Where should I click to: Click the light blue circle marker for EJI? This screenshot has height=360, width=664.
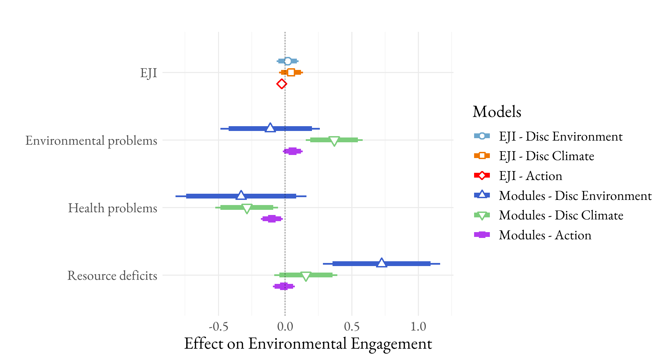pos(288,61)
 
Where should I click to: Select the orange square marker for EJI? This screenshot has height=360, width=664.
pos(291,72)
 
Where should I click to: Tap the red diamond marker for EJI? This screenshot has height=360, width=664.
pos(281,84)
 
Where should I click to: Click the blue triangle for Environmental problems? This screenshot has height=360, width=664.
pos(270,128)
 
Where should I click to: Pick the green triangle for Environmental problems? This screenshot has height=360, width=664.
pos(334,141)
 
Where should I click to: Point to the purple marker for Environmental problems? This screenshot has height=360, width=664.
pos(292,151)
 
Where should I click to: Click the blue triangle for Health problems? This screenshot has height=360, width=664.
pos(241,196)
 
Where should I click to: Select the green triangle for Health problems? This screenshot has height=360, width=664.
pos(247,208)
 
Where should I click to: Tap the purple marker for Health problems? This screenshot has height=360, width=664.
pos(271,219)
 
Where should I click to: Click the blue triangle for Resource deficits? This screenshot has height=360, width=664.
pos(382,263)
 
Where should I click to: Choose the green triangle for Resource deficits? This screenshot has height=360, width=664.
pos(306,276)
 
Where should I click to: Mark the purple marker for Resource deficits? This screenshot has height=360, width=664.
pos(283,286)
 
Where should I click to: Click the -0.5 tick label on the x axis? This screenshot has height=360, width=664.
pos(218,327)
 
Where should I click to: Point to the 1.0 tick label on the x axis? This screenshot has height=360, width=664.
pos(418,327)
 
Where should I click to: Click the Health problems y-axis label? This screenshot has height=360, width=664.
pos(112,208)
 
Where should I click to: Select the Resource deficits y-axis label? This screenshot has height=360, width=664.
pos(112,276)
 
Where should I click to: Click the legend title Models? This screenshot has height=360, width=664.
pos(497,112)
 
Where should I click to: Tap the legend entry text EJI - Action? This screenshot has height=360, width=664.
pos(530,176)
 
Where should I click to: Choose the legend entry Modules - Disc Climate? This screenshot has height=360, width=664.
pos(561,215)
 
